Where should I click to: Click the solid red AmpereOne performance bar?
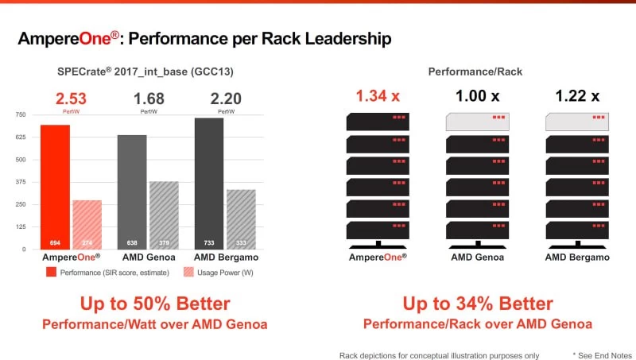55,187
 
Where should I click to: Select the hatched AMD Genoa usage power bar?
164,215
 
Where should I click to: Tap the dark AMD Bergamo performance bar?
208,183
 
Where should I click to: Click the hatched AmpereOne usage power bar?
87,225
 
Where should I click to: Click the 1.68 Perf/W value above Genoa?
148,99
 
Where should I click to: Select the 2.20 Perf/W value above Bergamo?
224,99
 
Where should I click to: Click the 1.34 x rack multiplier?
378,96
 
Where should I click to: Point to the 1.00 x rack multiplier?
477,96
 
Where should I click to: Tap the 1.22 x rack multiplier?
577,96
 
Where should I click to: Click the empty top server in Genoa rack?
477,122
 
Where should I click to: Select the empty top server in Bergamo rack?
577,122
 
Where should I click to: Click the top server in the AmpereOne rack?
378,122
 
